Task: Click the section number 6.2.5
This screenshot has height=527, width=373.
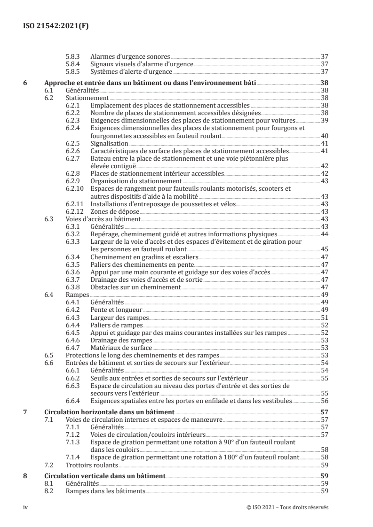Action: coord(73,143)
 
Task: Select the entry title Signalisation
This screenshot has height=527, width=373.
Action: coord(109,143)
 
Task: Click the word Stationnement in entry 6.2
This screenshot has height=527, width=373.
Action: coord(87,98)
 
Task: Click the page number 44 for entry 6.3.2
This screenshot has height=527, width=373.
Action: coord(324,234)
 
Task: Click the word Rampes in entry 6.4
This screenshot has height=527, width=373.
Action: coord(77,294)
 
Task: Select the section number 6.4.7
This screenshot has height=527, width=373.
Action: coord(73,348)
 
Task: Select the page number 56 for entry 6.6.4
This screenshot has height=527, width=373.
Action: coord(324,401)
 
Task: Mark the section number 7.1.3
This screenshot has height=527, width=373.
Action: coord(73,442)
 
